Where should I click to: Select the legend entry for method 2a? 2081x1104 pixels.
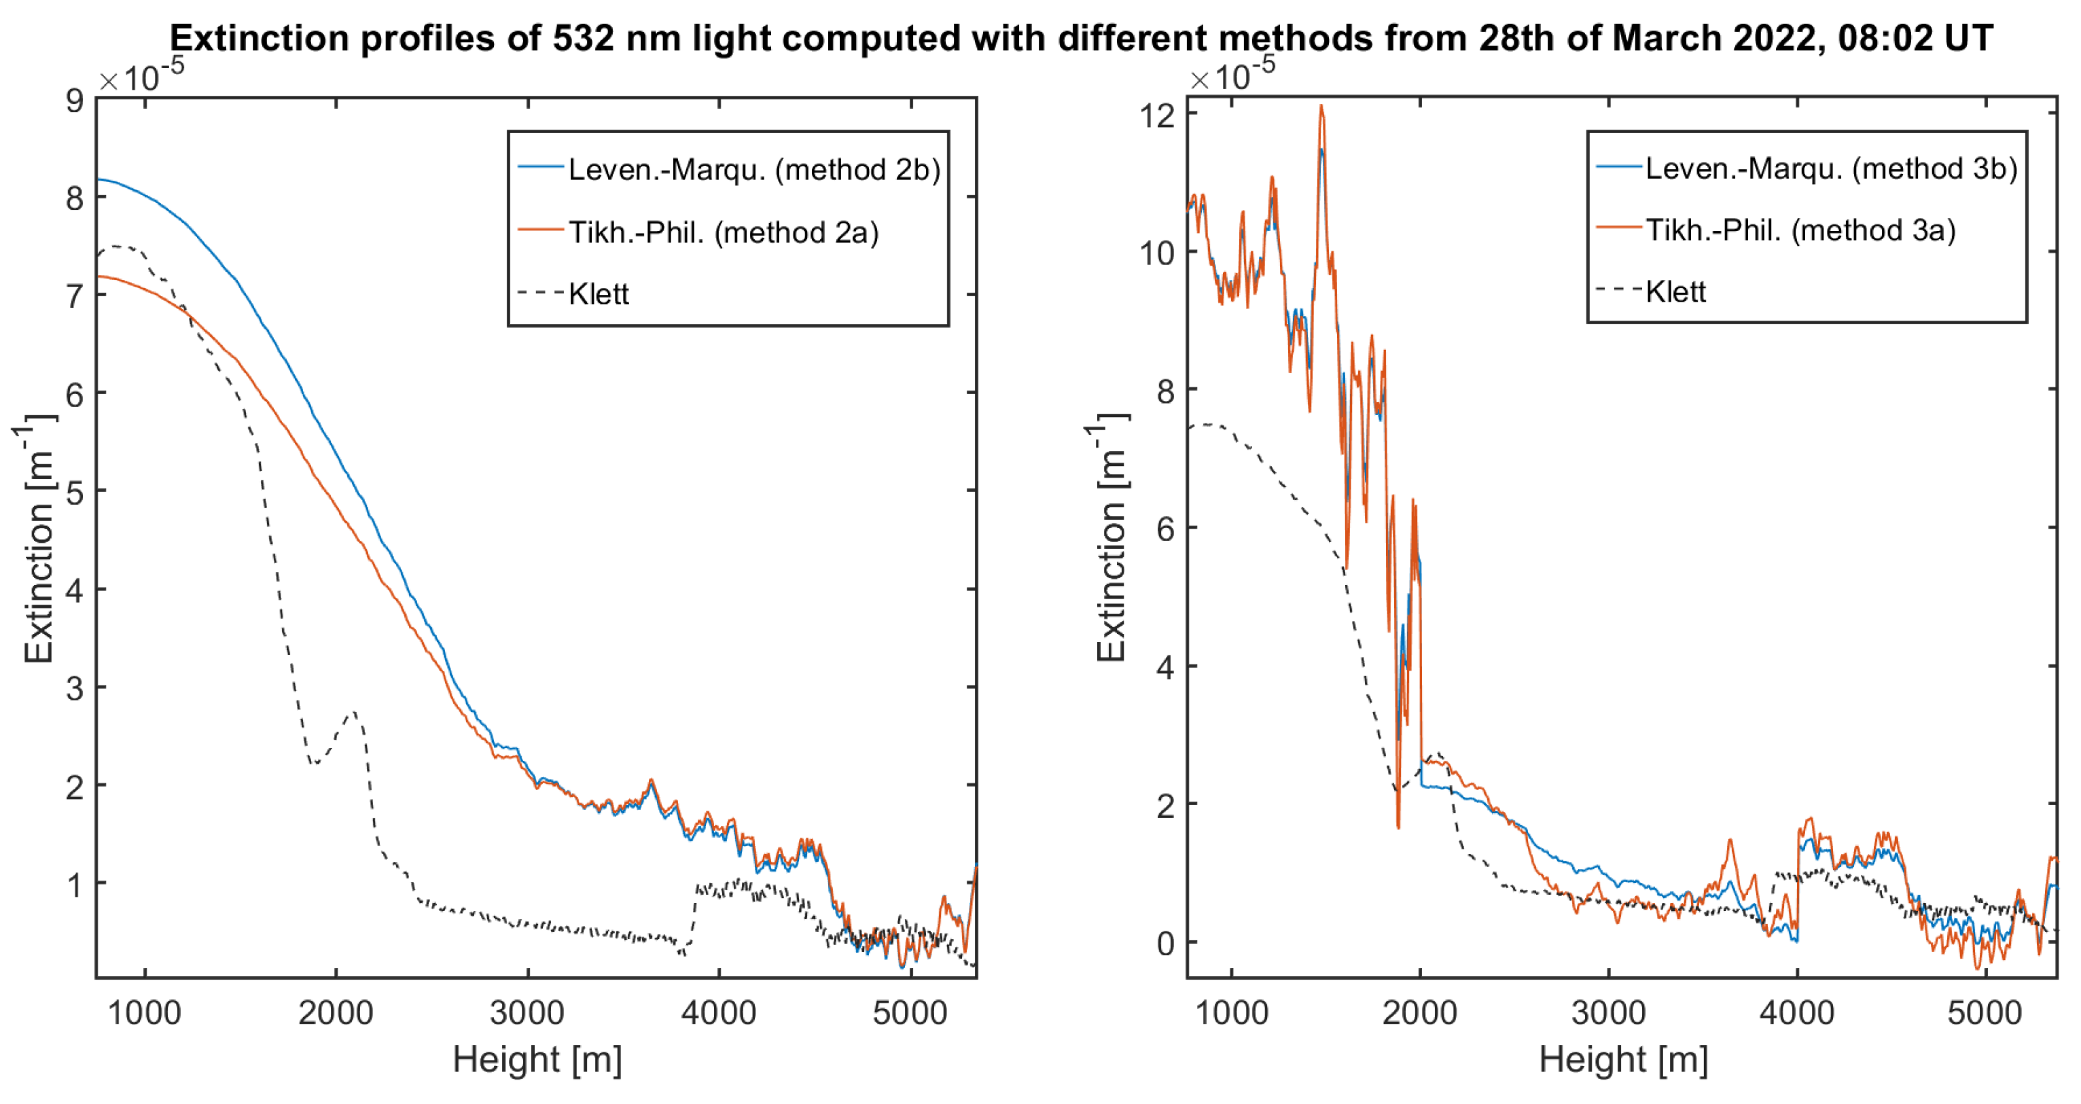pos(723,232)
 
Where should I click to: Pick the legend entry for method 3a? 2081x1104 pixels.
pos(1800,230)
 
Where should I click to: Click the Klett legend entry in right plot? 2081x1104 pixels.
pos(1675,291)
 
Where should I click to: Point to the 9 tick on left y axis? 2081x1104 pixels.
pos(75,101)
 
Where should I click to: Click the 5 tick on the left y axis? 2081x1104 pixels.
pos(75,492)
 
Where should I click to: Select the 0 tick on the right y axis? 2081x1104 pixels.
pos(1165,943)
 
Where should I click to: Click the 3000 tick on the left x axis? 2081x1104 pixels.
pos(527,1013)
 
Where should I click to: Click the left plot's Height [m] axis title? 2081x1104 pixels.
pos(537,1060)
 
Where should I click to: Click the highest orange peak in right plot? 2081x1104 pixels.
pos(1321,107)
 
